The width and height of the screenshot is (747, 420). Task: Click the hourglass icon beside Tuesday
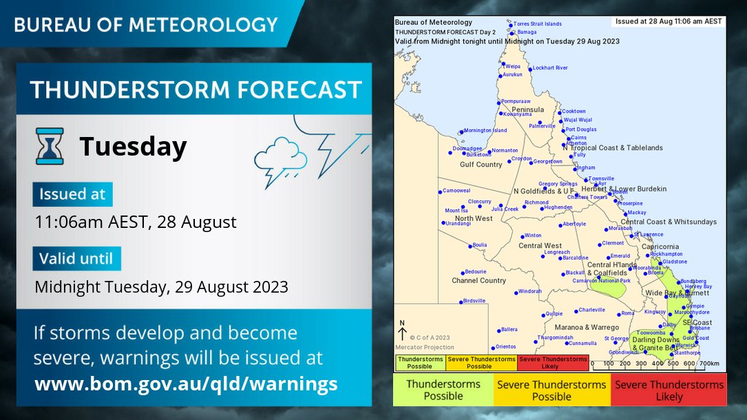50,146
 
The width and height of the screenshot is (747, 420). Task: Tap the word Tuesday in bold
133,147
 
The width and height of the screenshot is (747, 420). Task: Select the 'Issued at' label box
72,194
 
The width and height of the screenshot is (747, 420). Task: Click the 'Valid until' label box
76,259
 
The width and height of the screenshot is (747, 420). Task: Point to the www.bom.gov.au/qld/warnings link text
186,384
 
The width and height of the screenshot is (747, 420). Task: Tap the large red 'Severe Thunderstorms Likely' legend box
669,390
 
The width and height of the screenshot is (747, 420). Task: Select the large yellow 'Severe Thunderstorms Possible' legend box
551,390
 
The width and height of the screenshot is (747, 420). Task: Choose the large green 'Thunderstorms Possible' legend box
443,390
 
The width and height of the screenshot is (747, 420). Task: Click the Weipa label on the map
513,66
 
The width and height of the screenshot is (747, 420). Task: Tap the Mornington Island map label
485,130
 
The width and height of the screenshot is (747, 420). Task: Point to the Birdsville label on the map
474,301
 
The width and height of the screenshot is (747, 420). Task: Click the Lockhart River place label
550,68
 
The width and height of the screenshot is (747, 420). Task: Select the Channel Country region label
478,281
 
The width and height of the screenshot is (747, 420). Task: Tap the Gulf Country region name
481,165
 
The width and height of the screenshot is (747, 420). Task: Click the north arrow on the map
403,330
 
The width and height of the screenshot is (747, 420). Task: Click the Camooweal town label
456,191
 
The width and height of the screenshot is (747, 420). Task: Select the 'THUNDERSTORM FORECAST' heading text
196,90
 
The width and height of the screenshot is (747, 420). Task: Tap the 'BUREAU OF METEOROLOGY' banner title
146,25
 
